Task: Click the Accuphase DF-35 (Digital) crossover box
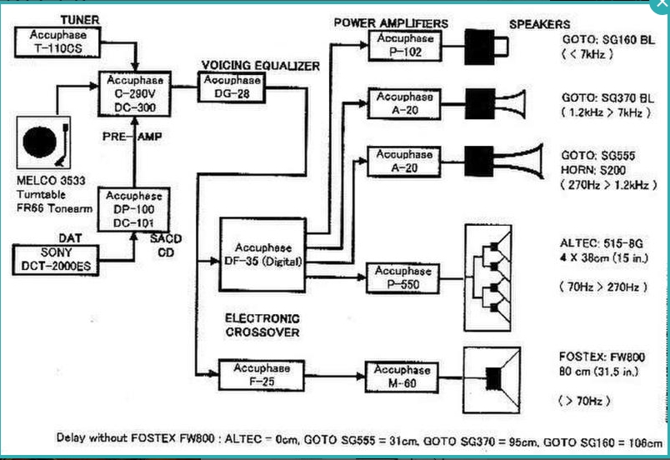tap(262, 254)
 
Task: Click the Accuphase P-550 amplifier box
tap(403, 277)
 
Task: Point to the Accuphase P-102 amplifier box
tap(405, 45)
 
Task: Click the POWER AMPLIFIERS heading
tap(391, 23)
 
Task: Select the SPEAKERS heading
tap(540, 25)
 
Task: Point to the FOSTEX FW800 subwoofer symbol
tap(492, 378)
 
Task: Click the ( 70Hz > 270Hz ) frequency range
tap(602, 286)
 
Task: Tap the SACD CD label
tap(172, 245)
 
